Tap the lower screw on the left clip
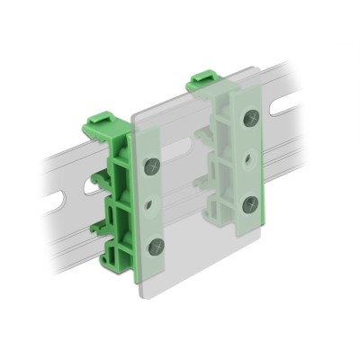click(x=156, y=245)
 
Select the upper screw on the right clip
click(x=250, y=117)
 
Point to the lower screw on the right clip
click(x=251, y=202)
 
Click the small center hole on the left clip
click(x=154, y=205)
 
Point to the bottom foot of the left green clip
click(x=117, y=261)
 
